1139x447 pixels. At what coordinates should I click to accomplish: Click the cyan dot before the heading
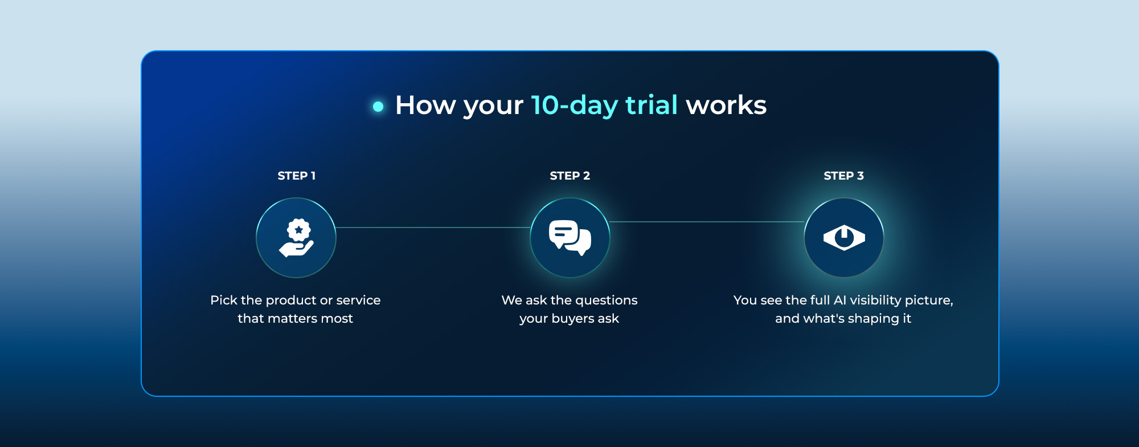378,106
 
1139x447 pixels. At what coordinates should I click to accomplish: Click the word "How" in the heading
427,105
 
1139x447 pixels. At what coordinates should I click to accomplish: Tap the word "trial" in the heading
652,105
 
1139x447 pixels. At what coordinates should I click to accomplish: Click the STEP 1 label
296,176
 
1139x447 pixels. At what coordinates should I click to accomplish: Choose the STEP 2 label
569,176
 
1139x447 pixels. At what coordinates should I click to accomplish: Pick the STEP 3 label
843,176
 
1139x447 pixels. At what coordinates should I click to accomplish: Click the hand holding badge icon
296,238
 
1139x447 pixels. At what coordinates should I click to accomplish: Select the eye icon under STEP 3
844,238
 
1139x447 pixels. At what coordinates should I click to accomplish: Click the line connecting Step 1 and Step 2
433,227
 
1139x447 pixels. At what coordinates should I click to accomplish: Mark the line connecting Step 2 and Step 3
707,222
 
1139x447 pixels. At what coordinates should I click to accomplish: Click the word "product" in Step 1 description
290,300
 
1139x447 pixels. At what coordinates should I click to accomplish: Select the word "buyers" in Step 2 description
572,319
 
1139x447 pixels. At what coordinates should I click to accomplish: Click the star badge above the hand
298,230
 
